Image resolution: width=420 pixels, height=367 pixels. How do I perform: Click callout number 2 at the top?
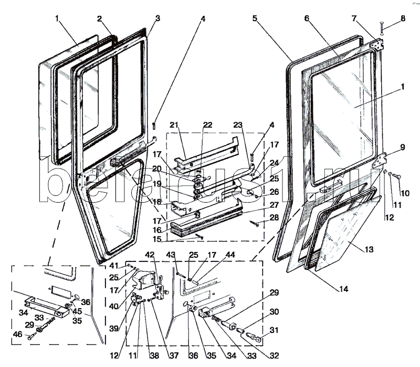(99, 19)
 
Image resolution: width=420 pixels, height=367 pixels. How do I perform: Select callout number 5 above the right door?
(255, 18)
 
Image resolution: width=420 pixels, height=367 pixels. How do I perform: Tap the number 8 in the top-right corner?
(403, 18)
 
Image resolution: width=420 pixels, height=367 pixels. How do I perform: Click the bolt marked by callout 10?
(396, 176)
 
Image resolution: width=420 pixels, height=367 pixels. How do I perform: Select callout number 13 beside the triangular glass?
(369, 249)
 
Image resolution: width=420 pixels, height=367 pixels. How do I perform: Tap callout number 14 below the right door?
(344, 289)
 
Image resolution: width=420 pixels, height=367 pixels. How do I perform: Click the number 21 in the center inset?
(174, 125)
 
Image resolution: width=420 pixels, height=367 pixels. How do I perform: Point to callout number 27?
(274, 205)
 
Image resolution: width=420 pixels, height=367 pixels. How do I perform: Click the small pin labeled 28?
(254, 223)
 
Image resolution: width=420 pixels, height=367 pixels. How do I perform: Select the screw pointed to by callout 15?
(200, 237)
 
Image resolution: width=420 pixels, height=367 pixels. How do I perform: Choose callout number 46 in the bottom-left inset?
(18, 334)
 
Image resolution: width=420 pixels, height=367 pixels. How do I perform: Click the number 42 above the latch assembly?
(150, 255)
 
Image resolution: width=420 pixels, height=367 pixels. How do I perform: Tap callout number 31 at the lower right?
(274, 330)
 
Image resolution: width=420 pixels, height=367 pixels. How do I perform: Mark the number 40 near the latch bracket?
(114, 306)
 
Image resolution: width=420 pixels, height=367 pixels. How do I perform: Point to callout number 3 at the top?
(157, 18)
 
